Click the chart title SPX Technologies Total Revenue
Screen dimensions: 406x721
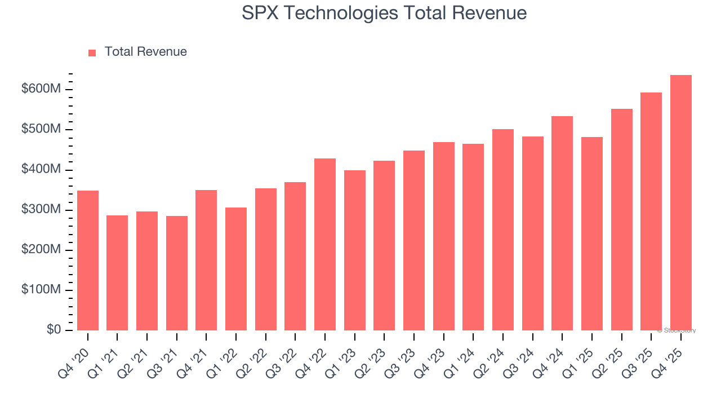(x=384, y=13)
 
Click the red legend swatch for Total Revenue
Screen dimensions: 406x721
(x=92, y=52)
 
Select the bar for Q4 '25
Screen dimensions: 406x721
(x=680, y=203)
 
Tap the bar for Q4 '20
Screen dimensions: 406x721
(x=88, y=261)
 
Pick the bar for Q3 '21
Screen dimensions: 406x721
(x=177, y=273)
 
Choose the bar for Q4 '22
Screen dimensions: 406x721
(x=325, y=244)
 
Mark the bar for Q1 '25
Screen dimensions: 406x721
(x=591, y=233)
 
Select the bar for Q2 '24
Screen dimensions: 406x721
(x=502, y=230)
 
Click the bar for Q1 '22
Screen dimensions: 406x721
(x=236, y=269)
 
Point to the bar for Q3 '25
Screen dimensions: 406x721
(x=651, y=211)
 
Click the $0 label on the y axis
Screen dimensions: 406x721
(x=55, y=330)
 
